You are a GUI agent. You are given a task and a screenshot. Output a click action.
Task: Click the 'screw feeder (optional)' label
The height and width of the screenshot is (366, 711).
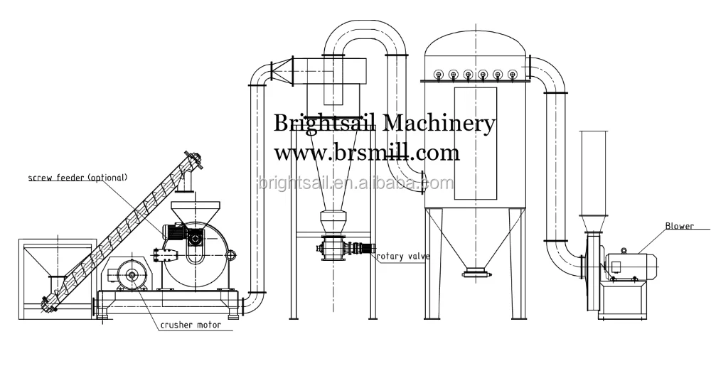point(77,177)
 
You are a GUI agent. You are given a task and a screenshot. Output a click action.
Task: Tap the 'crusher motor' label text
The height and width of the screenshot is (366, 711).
point(190,325)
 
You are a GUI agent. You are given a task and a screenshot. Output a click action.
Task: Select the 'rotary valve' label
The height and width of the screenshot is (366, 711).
point(402,257)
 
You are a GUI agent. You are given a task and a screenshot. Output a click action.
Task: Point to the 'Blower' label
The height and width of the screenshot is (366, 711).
point(678,227)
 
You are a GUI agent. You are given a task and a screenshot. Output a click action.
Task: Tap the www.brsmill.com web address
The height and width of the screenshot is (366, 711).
point(367,152)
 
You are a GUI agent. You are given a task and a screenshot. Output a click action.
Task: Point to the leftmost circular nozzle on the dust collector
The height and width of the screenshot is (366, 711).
point(437,73)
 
